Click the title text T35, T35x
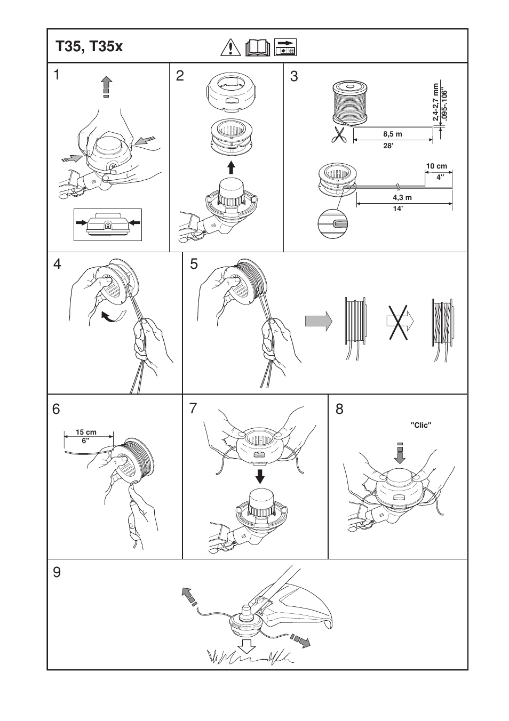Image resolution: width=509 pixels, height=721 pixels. click(x=89, y=46)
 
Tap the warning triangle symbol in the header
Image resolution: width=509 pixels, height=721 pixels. click(x=230, y=47)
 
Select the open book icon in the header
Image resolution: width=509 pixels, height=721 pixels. click(x=258, y=47)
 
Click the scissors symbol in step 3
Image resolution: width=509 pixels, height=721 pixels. click(x=338, y=136)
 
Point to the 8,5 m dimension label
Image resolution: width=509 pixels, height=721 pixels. click(x=392, y=134)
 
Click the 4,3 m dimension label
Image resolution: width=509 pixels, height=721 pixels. click(x=402, y=197)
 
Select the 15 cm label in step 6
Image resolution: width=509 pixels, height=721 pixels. click(x=86, y=432)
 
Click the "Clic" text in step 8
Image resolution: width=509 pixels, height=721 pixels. click(x=420, y=426)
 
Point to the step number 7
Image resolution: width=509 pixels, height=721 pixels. click(x=193, y=410)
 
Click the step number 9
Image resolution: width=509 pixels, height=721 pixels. click(x=57, y=573)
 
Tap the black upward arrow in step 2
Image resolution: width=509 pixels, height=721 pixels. click(x=231, y=167)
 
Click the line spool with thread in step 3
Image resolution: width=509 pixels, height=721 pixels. click(x=350, y=102)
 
